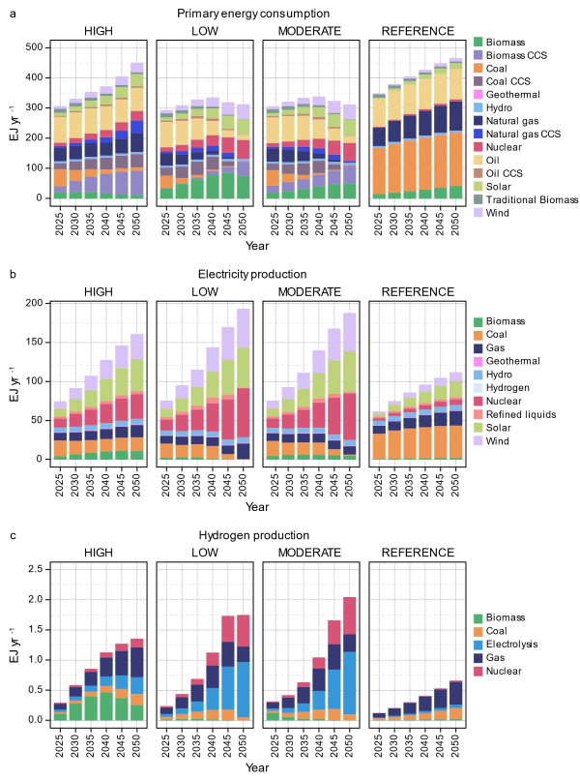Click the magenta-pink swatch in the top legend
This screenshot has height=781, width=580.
tap(478, 95)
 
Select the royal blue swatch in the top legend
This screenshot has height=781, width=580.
tap(478, 134)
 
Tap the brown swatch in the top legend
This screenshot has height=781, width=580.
tap(478, 172)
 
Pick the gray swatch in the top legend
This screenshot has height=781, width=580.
tap(478, 198)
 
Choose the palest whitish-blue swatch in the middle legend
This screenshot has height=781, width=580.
tap(478, 388)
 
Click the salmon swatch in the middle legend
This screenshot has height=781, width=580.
tap(478, 414)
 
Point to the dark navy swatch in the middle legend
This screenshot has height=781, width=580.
tap(478, 348)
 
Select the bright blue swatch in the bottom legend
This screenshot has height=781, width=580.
tap(478, 645)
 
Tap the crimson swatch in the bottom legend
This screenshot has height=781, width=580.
tap(478, 671)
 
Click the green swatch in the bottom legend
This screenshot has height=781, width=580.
tap(478, 618)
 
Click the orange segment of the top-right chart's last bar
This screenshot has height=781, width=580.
tap(455, 159)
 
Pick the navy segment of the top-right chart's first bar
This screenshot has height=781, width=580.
tap(379, 136)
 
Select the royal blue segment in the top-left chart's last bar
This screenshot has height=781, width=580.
tap(136, 127)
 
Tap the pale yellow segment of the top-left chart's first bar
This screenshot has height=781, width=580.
tap(60, 129)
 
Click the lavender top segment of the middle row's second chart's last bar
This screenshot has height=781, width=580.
tap(243, 328)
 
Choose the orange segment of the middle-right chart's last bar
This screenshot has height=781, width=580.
tap(455, 441)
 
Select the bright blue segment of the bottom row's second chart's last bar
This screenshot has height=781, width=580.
tap(243, 689)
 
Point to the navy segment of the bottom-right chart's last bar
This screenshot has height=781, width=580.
tap(455, 694)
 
